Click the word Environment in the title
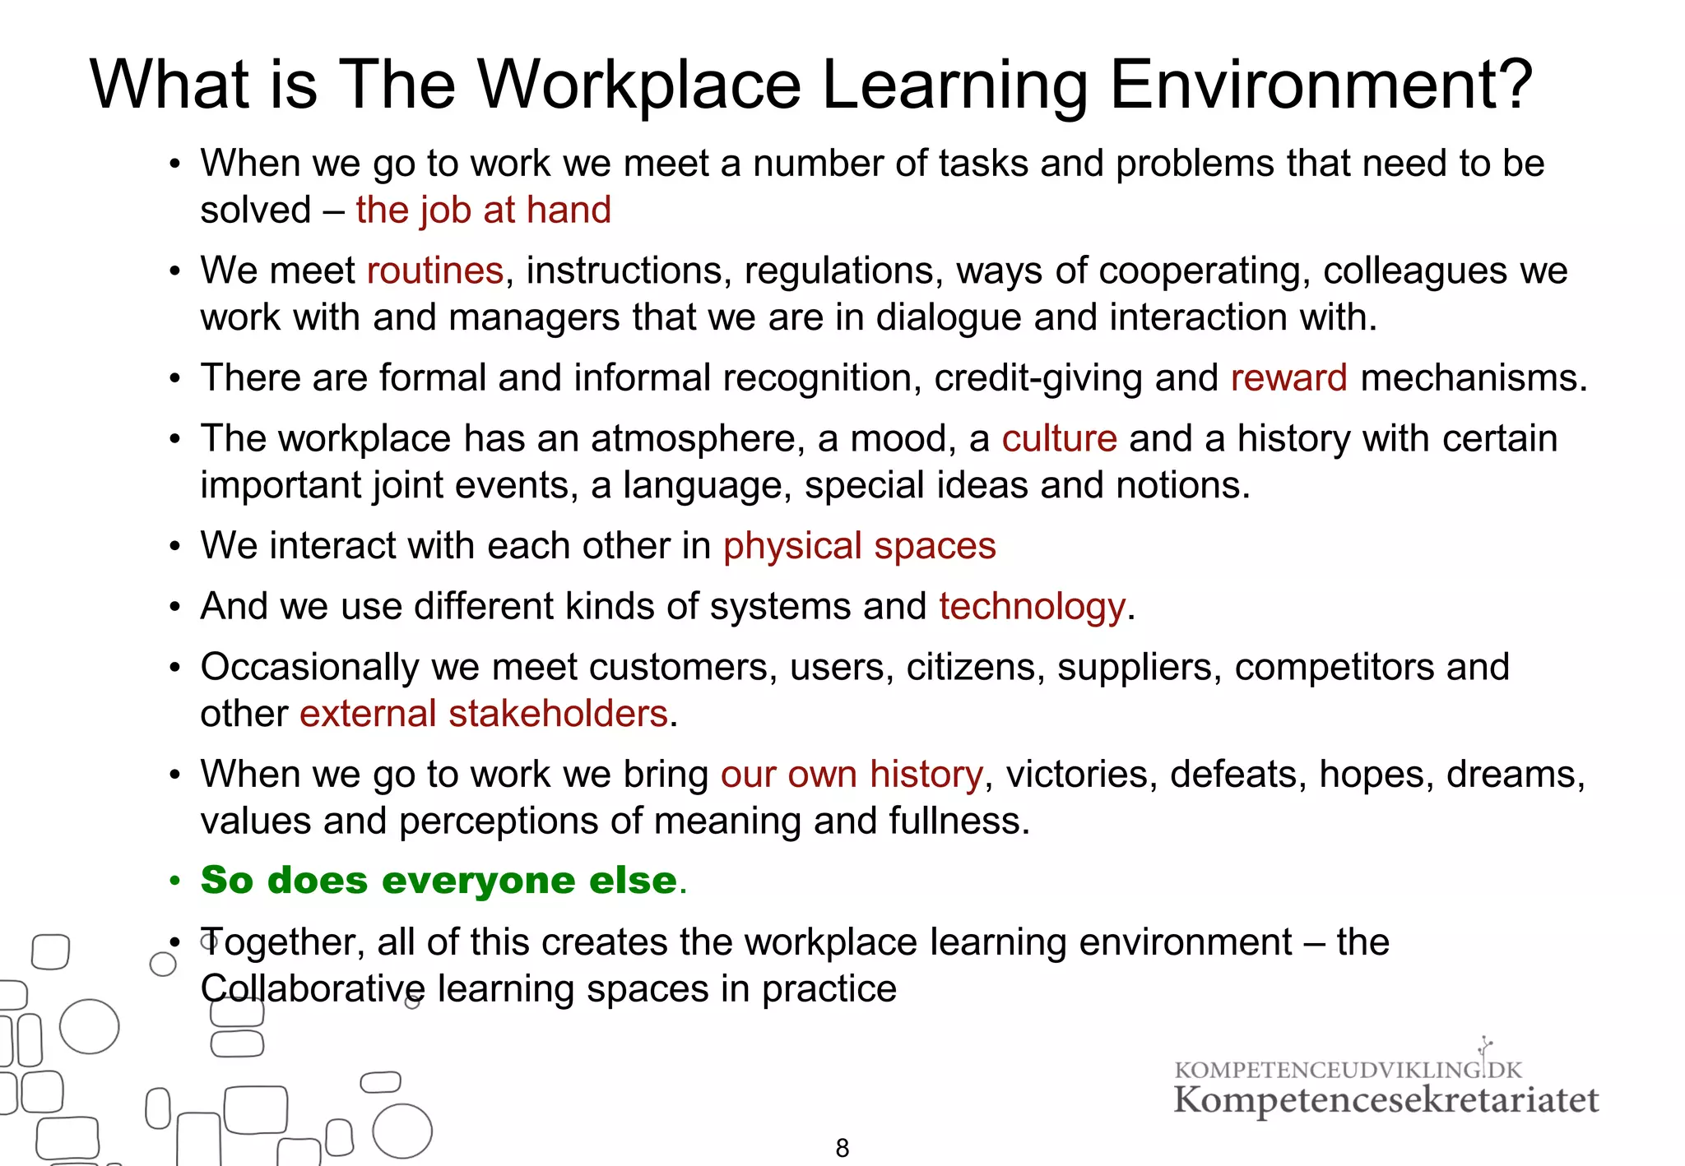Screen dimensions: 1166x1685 pyautogui.click(x=1321, y=85)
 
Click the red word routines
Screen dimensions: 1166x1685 pyautogui.click(x=434, y=271)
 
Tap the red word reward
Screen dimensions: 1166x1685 pyautogui.click(x=1288, y=378)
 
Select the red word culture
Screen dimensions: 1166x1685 pyautogui.click(x=1059, y=438)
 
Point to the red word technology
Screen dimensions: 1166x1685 pyautogui.click(x=1032, y=607)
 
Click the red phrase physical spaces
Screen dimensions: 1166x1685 pyautogui.click(x=859, y=546)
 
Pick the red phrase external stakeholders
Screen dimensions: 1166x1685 pyautogui.click(x=483, y=714)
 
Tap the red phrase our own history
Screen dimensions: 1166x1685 pyautogui.click(x=852, y=775)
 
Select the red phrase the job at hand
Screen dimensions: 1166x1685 pyautogui.click(x=483, y=211)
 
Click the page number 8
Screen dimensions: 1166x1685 pyautogui.click(x=842, y=1148)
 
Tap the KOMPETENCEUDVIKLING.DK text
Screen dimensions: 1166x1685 pyautogui.click(x=1348, y=1070)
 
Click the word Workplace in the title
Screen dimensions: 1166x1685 pyautogui.click(x=638, y=85)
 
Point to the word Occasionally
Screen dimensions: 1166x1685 pyautogui.click(x=309, y=667)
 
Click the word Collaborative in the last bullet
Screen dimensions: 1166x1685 pyautogui.click(x=313, y=989)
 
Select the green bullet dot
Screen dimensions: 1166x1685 pyautogui.click(x=174, y=881)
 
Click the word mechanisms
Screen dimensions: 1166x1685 pyautogui.click(x=1473, y=378)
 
